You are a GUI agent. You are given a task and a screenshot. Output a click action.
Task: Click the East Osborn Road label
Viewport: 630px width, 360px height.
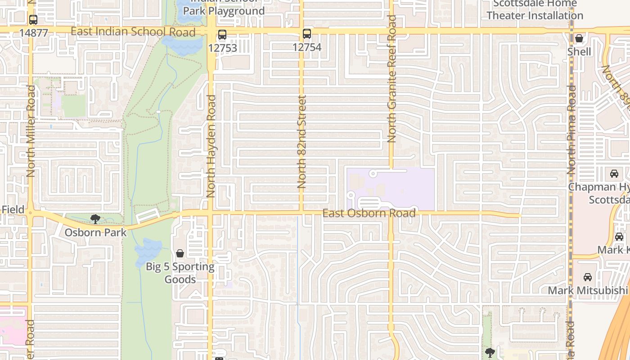pyautogui.click(x=369, y=213)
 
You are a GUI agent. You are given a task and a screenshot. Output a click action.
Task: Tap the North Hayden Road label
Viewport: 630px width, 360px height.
pyautogui.click(x=211, y=146)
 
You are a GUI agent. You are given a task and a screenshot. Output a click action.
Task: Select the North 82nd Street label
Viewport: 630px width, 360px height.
pyautogui.click(x=301, y=142)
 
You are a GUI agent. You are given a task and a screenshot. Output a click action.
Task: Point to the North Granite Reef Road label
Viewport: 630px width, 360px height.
pyautogui.click(x=391, y=79)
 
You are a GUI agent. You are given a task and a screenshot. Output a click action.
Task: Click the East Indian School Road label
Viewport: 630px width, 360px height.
pyautogui.click(x=133, y=31)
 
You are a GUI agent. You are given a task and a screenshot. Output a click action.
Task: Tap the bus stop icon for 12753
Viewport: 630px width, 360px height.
pyautogui.click(x=222, y=35)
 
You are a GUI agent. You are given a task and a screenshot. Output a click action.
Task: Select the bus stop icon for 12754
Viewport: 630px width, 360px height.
pyautogui.click(x=307, y=34)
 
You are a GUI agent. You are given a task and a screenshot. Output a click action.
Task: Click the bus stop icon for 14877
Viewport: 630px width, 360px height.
pyautogui.click(x=33, y=20)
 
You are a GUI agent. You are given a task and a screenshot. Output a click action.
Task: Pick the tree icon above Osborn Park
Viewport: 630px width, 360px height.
pyautogui.click(x=95, y=219)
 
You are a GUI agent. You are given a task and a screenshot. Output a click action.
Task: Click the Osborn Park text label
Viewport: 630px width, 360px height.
pyautogui.click(x=95, y=233)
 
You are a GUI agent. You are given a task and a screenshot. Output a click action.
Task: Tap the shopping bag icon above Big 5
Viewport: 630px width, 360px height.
pyautogui.click(x=180, y=254)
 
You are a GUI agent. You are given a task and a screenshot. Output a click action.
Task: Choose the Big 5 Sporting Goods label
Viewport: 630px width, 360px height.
pyautogui.click(x=180, y=273)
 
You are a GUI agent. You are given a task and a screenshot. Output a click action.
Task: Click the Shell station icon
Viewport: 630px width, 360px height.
pyautogui.click(x=579, y=39)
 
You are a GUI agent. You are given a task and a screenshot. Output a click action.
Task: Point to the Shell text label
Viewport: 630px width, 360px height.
pyautogui.click(x=579, y=52)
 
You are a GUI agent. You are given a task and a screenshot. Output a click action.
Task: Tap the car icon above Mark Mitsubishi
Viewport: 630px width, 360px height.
pyautogui.click(x=587, y=277)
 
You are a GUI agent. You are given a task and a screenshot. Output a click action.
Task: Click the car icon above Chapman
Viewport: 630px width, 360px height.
pyautogui.click(x=614, y=174)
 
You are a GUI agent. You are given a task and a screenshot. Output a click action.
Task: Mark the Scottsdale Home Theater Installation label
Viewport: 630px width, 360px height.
pyautogui.click(x=535, y=9)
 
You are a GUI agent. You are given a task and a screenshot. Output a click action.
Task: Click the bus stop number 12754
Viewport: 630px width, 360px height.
pyautogui.click(x=307, y=47)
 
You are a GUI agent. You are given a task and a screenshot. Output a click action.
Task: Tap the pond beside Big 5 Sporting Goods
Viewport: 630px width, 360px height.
pyautogui.click(x=148, y=250)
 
